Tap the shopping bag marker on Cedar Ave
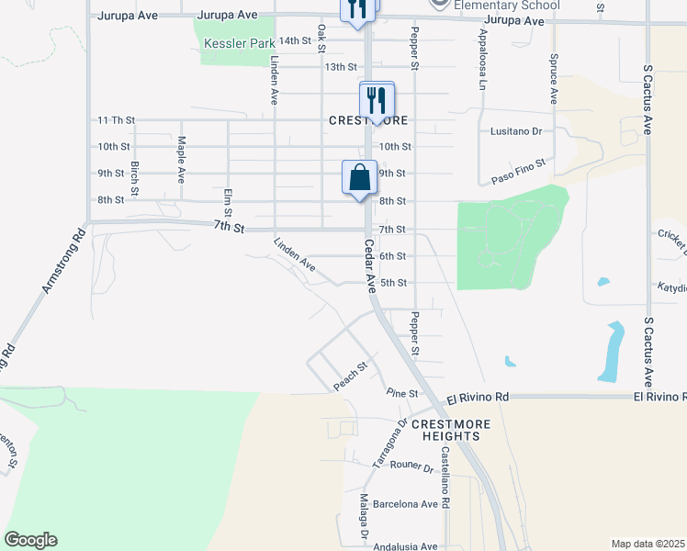coord(359,177)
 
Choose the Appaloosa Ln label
coord(481,60)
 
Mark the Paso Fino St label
coord(519,168)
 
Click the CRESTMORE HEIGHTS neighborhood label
coord(450,431)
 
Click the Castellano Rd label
coord(445,479)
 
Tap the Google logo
coord(30,540)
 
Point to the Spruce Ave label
coord(554,78)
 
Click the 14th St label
coord(295,40)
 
